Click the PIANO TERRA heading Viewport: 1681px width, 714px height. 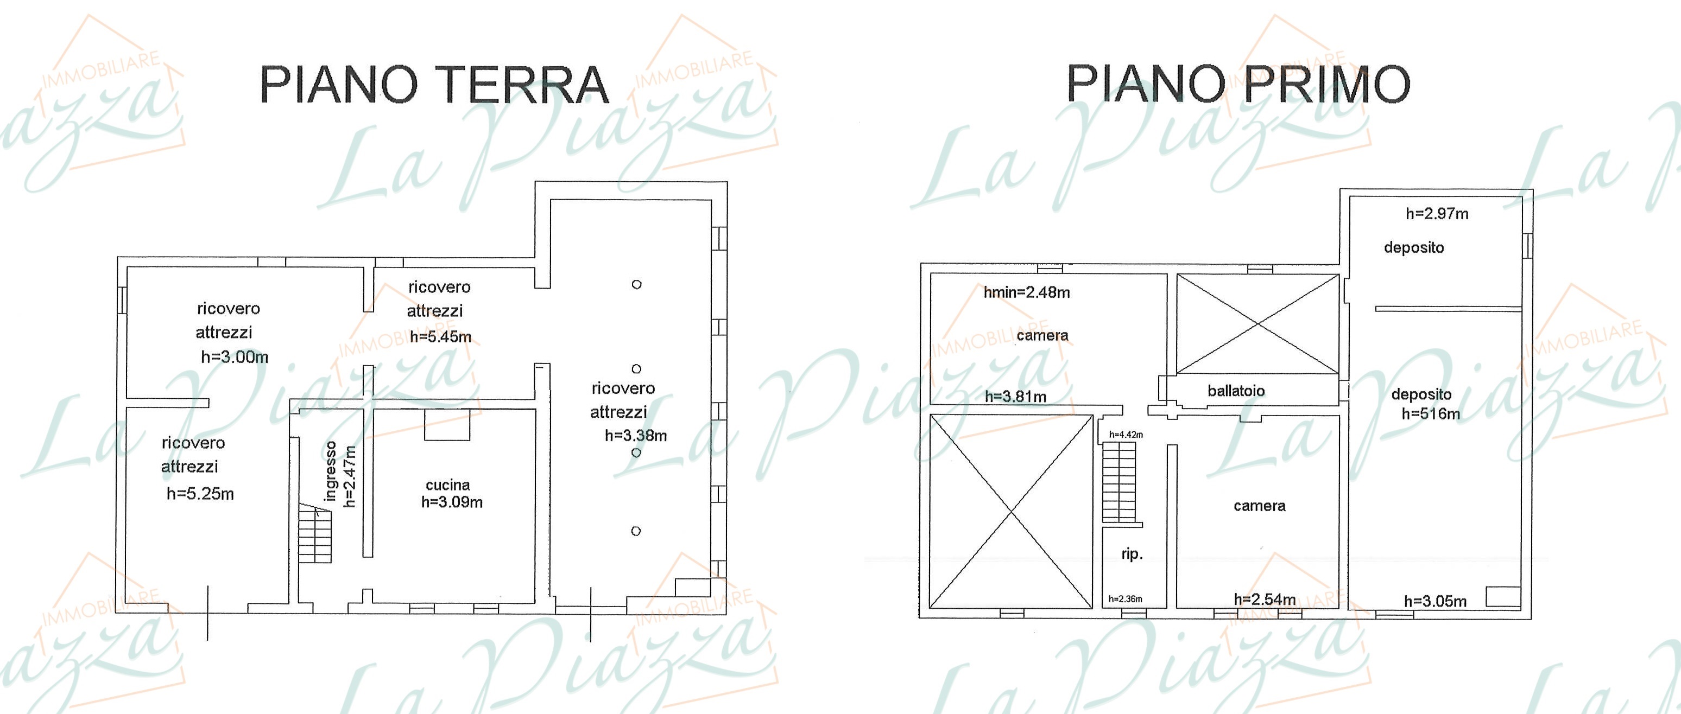coord(434,85)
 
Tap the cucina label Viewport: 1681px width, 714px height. coord(447,485)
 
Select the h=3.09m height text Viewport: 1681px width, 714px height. coord(452,502)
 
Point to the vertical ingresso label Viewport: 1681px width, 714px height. coord(330,471)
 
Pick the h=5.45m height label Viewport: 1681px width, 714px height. coord(440,337)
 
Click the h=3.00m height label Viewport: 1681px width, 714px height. coord(234,356)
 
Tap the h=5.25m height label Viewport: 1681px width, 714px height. coord(200,494)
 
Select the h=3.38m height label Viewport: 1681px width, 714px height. coord(636,436)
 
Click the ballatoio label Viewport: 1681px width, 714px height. coord(1236,391)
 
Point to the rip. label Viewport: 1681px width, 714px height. coord(1132,554)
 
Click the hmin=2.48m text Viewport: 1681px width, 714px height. coord(1027,292)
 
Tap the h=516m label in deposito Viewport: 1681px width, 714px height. coord(1430,413)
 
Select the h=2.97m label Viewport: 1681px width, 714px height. coord(1437,213)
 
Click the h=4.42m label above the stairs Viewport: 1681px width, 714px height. coord(1126,434)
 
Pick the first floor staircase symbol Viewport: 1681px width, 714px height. coord(1119,482)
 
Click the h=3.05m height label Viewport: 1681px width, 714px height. coord(1436,601)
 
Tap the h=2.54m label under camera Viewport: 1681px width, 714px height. coord(1265,599)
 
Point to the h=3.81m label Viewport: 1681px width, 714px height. coord(1015,397)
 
